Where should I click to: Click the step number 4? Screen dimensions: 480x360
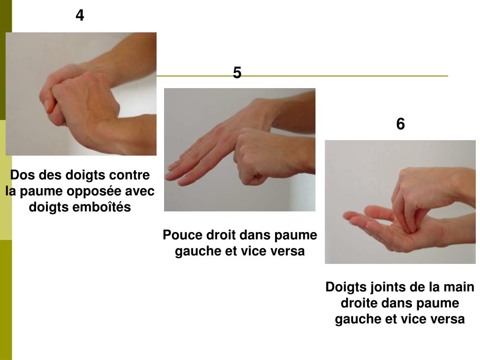[x=80, y=15]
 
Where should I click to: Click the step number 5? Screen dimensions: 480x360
[x=237, y=73]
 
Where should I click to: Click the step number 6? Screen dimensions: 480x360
[x=400, y=124]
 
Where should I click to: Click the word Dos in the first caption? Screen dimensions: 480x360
[x=20, y=175]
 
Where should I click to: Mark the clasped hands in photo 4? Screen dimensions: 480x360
[x=80, y=98]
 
